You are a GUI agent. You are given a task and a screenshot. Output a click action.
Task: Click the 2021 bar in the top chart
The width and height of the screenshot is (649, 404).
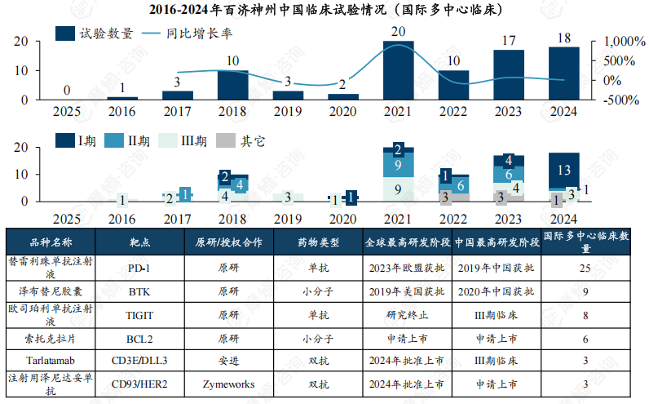click(398, 70)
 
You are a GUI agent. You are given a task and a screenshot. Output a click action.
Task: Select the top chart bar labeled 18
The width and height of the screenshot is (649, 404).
click(564, 73)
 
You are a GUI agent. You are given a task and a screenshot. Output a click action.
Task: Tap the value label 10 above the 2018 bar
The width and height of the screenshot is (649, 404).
click(232, 61)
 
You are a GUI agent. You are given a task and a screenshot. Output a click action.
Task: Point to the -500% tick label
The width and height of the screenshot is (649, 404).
click(621, 100)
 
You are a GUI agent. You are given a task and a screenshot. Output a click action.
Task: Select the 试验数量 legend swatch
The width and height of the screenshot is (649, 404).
click(64, 33)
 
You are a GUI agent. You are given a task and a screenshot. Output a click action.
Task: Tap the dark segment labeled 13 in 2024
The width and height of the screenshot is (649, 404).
click(564, 170)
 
